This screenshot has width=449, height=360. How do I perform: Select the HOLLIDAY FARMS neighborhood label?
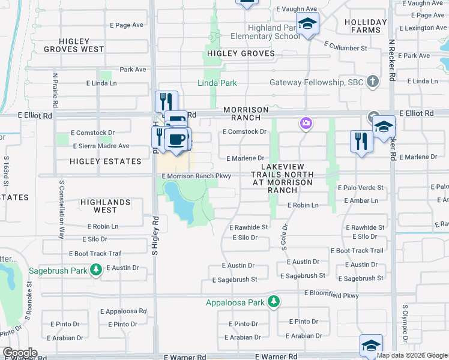362,26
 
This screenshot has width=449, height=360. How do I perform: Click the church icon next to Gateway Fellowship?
372,81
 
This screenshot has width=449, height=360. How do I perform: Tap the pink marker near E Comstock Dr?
306,124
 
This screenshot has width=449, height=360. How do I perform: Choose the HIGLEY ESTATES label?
105,161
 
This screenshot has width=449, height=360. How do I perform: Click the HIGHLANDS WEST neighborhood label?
106,206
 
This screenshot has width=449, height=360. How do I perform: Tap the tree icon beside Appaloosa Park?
274,301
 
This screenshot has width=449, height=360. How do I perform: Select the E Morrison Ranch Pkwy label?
196,176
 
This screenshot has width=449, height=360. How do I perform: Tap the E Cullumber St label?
345,46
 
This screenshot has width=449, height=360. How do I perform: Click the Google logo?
20,353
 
